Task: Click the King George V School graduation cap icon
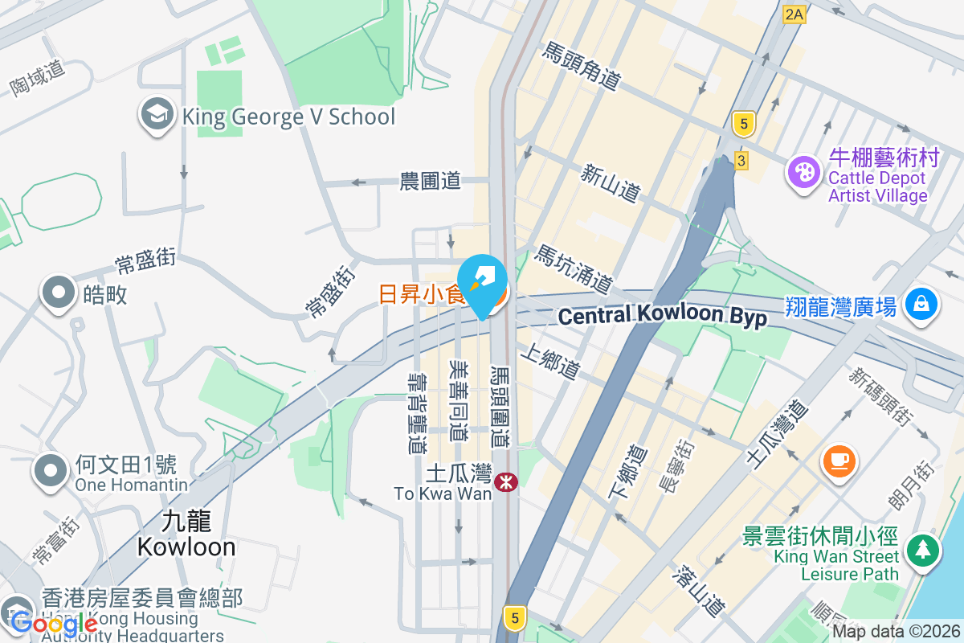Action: pos(157,116)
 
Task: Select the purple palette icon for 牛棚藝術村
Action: pos(803,171)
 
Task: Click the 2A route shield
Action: pos(794,14)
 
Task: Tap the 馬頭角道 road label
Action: pos(582,67)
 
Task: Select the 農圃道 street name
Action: pos(431,181)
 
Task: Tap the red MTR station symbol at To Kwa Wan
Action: pos(506,482)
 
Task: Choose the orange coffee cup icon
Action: pos(839,461)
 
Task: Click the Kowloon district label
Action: pos(186,534)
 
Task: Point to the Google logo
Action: pos(55,623)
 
